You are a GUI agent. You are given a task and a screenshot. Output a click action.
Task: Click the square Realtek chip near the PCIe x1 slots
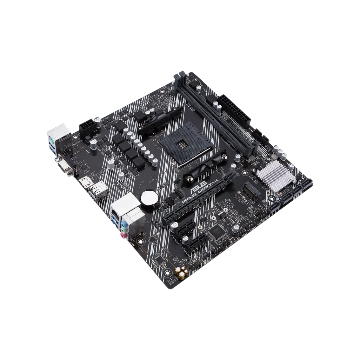tap(214, 229)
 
